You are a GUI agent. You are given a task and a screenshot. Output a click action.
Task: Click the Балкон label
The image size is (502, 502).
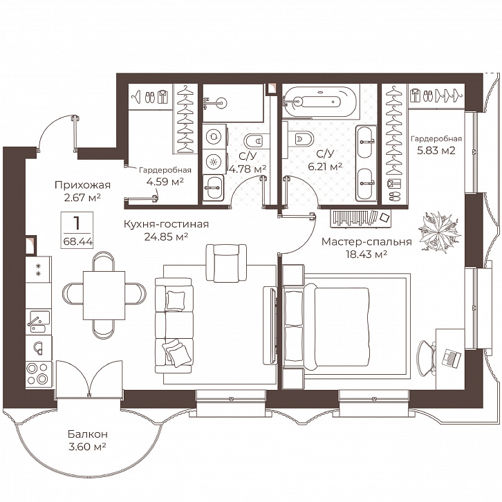coord(87,434)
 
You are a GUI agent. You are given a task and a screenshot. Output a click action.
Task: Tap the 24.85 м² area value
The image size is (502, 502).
coord(166,237)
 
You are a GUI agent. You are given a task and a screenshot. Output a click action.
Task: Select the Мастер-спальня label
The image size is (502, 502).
coord(366,242)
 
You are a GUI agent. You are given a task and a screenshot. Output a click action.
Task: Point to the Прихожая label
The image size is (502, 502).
coord(82,185)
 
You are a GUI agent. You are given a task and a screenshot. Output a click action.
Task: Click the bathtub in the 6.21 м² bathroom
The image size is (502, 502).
coord(319,102)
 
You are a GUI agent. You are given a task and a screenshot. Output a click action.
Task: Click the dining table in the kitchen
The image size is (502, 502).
coord(104,295)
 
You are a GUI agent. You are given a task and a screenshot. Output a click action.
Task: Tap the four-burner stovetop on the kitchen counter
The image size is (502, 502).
coord(38,374)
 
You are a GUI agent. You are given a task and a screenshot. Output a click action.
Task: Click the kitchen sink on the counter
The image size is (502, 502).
coord(39,321)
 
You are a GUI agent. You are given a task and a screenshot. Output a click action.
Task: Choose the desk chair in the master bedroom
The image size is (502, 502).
coord(427,357)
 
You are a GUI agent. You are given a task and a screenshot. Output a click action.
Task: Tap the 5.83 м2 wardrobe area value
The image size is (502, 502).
coord(436,151)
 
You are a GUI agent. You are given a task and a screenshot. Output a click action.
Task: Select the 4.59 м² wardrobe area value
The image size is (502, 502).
coord(165,182)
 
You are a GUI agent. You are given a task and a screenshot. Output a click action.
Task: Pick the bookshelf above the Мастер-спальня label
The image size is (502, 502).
coord(360,218)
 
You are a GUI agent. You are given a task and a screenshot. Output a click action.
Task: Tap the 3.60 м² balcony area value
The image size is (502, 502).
coord(87,446)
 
